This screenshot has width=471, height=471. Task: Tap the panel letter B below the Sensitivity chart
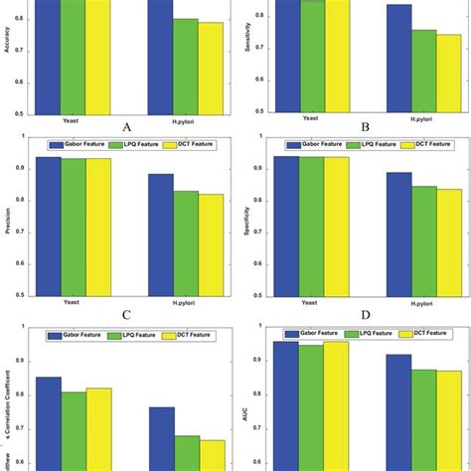pos(366,127)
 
